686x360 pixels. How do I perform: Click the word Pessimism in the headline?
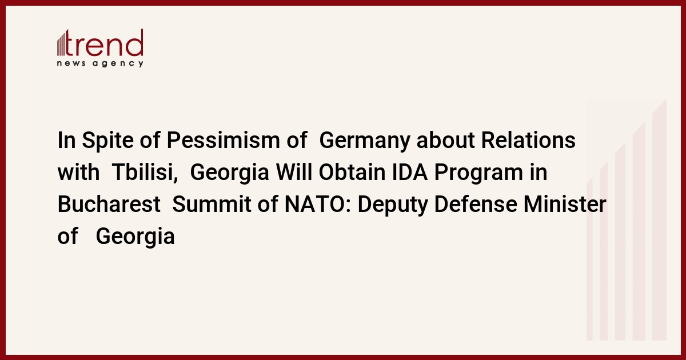tap(223, 141)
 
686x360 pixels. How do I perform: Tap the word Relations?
tap(528, 140)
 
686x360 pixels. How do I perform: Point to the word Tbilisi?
tap(145, 173)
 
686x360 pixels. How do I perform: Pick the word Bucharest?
tap(109, 204)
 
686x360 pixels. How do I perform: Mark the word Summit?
tap(212, 204)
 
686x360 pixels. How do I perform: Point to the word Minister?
tap(565, 204)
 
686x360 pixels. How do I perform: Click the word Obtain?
tap(352, 173)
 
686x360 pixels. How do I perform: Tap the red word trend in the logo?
tap(104, 43)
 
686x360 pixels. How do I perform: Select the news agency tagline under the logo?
tap(100, 63)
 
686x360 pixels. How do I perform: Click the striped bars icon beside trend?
tap(61, 43)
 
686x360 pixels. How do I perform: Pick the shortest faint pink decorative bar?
tap(589, 259)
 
